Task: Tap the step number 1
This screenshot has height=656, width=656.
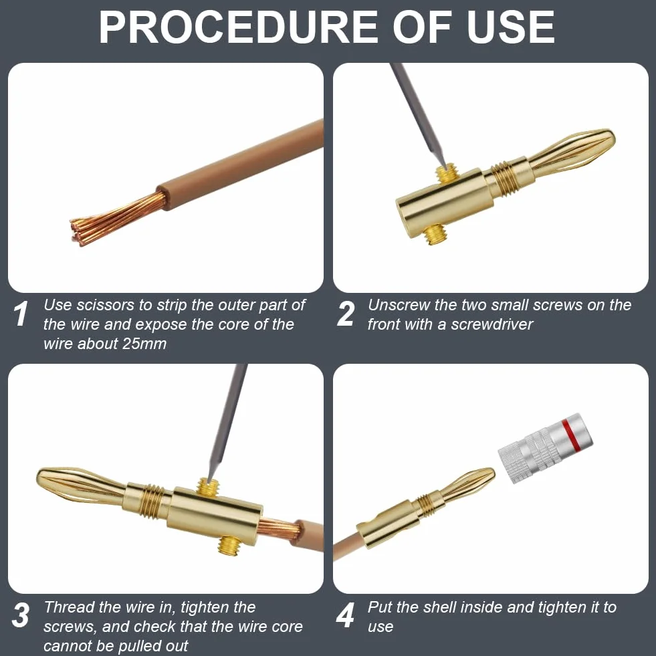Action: click(21, 314)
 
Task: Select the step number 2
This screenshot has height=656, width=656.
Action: click(346, 314)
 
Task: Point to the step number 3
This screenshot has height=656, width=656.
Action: click(21, 615)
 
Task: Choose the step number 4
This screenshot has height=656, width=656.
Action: click(346, 615)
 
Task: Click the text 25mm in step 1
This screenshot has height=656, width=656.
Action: click(144, 344)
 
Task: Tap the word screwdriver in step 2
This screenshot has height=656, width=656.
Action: click(491, 324)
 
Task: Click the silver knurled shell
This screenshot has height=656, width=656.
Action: click(545, 448)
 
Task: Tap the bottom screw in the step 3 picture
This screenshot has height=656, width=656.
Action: click(229, 546)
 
